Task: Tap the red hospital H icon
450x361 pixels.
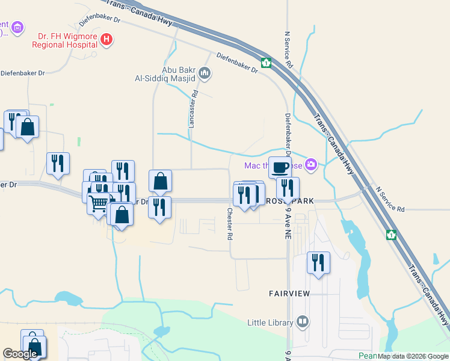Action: [x=106, y=40]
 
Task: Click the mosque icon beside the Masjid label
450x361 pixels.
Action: [x=205, y=74]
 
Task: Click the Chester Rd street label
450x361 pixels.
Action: [x=230, y=224]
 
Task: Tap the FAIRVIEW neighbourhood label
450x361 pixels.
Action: [x=289, y=294]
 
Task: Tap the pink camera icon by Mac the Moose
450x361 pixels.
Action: [x=311, y=164]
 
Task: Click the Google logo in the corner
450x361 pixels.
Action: [x=20, y=354]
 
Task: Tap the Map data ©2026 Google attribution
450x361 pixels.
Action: [x=413, y=356]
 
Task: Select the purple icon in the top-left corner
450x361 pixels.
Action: [x=18, y=27]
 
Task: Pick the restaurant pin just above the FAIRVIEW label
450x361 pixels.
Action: [x=318, y=262]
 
